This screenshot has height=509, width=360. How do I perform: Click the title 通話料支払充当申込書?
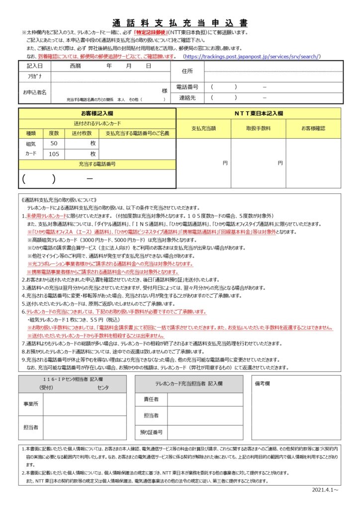(180, 23)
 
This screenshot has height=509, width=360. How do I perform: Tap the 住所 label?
(187, 71)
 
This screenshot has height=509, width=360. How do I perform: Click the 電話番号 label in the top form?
(187, 87)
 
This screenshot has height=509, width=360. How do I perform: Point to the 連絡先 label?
(187, 98)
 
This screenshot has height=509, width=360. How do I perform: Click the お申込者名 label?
(34, 92)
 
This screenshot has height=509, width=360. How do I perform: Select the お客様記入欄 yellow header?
(97, 113)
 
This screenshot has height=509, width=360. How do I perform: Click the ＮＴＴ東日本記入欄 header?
(259, 113)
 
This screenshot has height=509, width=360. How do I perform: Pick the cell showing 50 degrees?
(54, 143)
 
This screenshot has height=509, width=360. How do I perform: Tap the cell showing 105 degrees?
(54, 154)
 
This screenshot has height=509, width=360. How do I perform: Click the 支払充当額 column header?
(203, 128)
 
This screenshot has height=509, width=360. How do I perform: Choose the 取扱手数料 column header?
(258, 128)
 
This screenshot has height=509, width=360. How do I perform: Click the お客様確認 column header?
(313, 128)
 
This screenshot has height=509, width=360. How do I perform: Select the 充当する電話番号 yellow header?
(97, 164)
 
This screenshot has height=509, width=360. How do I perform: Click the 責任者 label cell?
(151, 399)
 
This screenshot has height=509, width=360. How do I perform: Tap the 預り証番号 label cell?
(151, 432)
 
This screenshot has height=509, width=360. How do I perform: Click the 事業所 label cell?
(30, 405)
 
